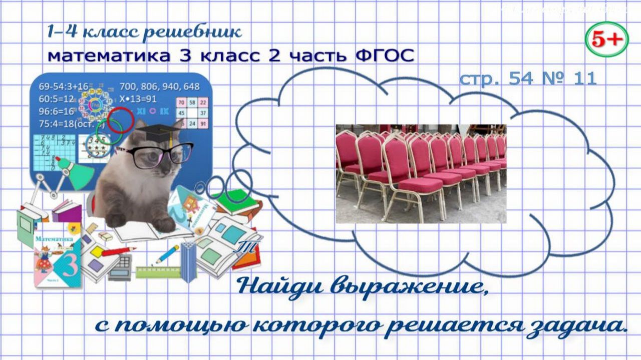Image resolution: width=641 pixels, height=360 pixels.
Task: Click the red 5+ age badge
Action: pos(606,40)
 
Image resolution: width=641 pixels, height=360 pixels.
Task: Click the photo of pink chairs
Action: pos(421,174)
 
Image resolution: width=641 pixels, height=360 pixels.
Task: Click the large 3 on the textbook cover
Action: pos(69,265)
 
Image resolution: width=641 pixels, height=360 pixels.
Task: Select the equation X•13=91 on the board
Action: pos(138,99)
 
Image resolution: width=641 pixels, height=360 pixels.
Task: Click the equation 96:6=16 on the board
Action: pos(56,111)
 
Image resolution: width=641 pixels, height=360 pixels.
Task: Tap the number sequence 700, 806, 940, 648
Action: pos(160,87)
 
